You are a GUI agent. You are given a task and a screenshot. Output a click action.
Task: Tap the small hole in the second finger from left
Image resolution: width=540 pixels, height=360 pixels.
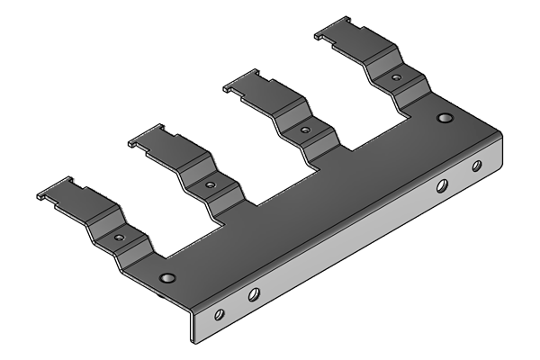coord(210,185)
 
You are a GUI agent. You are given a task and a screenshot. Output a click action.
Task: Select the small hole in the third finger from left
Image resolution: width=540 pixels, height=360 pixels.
coord(305,130)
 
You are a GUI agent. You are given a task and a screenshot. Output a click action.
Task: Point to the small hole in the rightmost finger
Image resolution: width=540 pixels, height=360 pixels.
coord(396,78)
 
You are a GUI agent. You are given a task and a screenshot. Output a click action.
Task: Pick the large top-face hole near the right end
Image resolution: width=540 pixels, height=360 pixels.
coord(444,118)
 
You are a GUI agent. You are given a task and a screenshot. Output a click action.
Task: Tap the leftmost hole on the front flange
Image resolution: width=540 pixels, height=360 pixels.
coord(218,315)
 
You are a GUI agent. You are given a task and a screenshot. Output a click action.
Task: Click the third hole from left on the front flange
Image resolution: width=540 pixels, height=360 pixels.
coord(442,186)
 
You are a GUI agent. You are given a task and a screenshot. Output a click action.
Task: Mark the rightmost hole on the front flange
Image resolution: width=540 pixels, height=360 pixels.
coord(477,166)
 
